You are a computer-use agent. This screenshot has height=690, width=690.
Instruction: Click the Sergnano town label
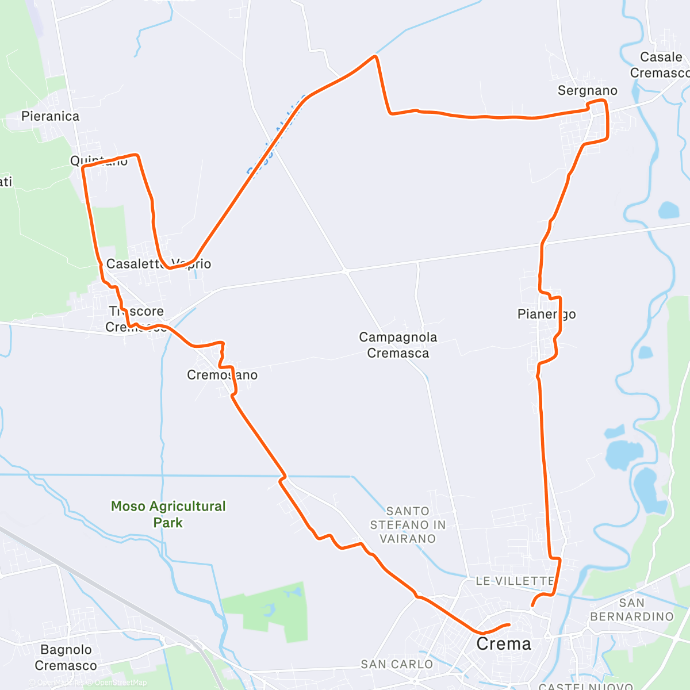point(587,90)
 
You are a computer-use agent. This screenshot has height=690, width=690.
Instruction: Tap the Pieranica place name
point(50,116)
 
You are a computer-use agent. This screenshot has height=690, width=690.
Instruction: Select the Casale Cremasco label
point(660,65)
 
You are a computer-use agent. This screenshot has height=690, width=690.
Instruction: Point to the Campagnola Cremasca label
point(398,345)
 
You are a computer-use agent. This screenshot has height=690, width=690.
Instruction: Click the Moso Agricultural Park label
point(168,514)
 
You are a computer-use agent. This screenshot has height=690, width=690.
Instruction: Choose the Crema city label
point(504,644)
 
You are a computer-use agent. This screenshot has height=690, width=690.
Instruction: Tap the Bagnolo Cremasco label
point(66,657)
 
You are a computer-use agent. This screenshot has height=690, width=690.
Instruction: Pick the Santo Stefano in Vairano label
point(408,525)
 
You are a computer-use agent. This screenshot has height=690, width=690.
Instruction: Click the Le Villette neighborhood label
point(515,581)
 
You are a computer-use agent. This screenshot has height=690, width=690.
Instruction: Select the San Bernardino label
point(631,609)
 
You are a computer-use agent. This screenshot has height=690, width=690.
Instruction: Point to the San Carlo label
point(397,664)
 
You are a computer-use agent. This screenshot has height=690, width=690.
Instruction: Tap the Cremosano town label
point(222,375)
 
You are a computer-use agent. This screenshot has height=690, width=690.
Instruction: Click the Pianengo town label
point(546,314)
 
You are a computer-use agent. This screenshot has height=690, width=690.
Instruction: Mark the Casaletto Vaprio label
point(159,264)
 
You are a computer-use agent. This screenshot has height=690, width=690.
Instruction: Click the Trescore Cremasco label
point(136,319)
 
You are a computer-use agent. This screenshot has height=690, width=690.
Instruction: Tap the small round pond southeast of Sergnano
point(669,210)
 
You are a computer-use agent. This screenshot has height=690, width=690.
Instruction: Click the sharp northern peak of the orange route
point(375,56)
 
